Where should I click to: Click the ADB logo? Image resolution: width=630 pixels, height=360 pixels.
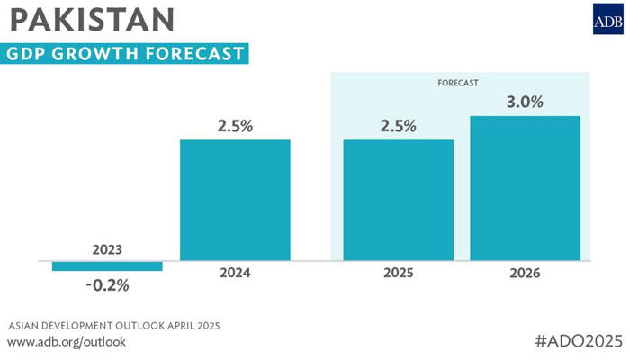click(x=607, y=20)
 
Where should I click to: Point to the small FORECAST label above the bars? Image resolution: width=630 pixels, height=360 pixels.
click(x=458, y=83)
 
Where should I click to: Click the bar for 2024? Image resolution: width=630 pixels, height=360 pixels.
click(x=235, y=200)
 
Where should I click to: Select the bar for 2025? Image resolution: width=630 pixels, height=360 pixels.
click(x=398, y=200)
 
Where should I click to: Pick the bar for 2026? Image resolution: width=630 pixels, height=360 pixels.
click(x=525, y=188)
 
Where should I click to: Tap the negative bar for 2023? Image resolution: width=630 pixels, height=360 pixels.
click(x=107, y=265)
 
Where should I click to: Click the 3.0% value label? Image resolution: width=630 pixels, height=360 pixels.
click(x=525, y=103)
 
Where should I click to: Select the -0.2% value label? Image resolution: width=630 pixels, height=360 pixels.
click(x=107, y=285)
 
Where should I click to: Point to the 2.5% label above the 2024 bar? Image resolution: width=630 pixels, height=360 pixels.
click(x=235, y=127)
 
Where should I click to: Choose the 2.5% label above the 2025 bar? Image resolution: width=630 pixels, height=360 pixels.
click(x=398, y=127)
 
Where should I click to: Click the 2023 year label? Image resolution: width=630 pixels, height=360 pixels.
click(x=107, y=249)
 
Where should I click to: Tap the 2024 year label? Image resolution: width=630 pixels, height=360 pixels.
click(x=235, y=272)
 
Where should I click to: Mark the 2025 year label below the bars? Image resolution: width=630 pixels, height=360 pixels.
click(x=398, y=272)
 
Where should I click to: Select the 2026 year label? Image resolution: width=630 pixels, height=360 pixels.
click(x=525, y=272)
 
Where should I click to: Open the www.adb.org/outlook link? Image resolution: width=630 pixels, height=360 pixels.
click(x=67, y=342)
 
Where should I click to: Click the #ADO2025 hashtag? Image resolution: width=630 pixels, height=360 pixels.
click(x=578, y=340)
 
